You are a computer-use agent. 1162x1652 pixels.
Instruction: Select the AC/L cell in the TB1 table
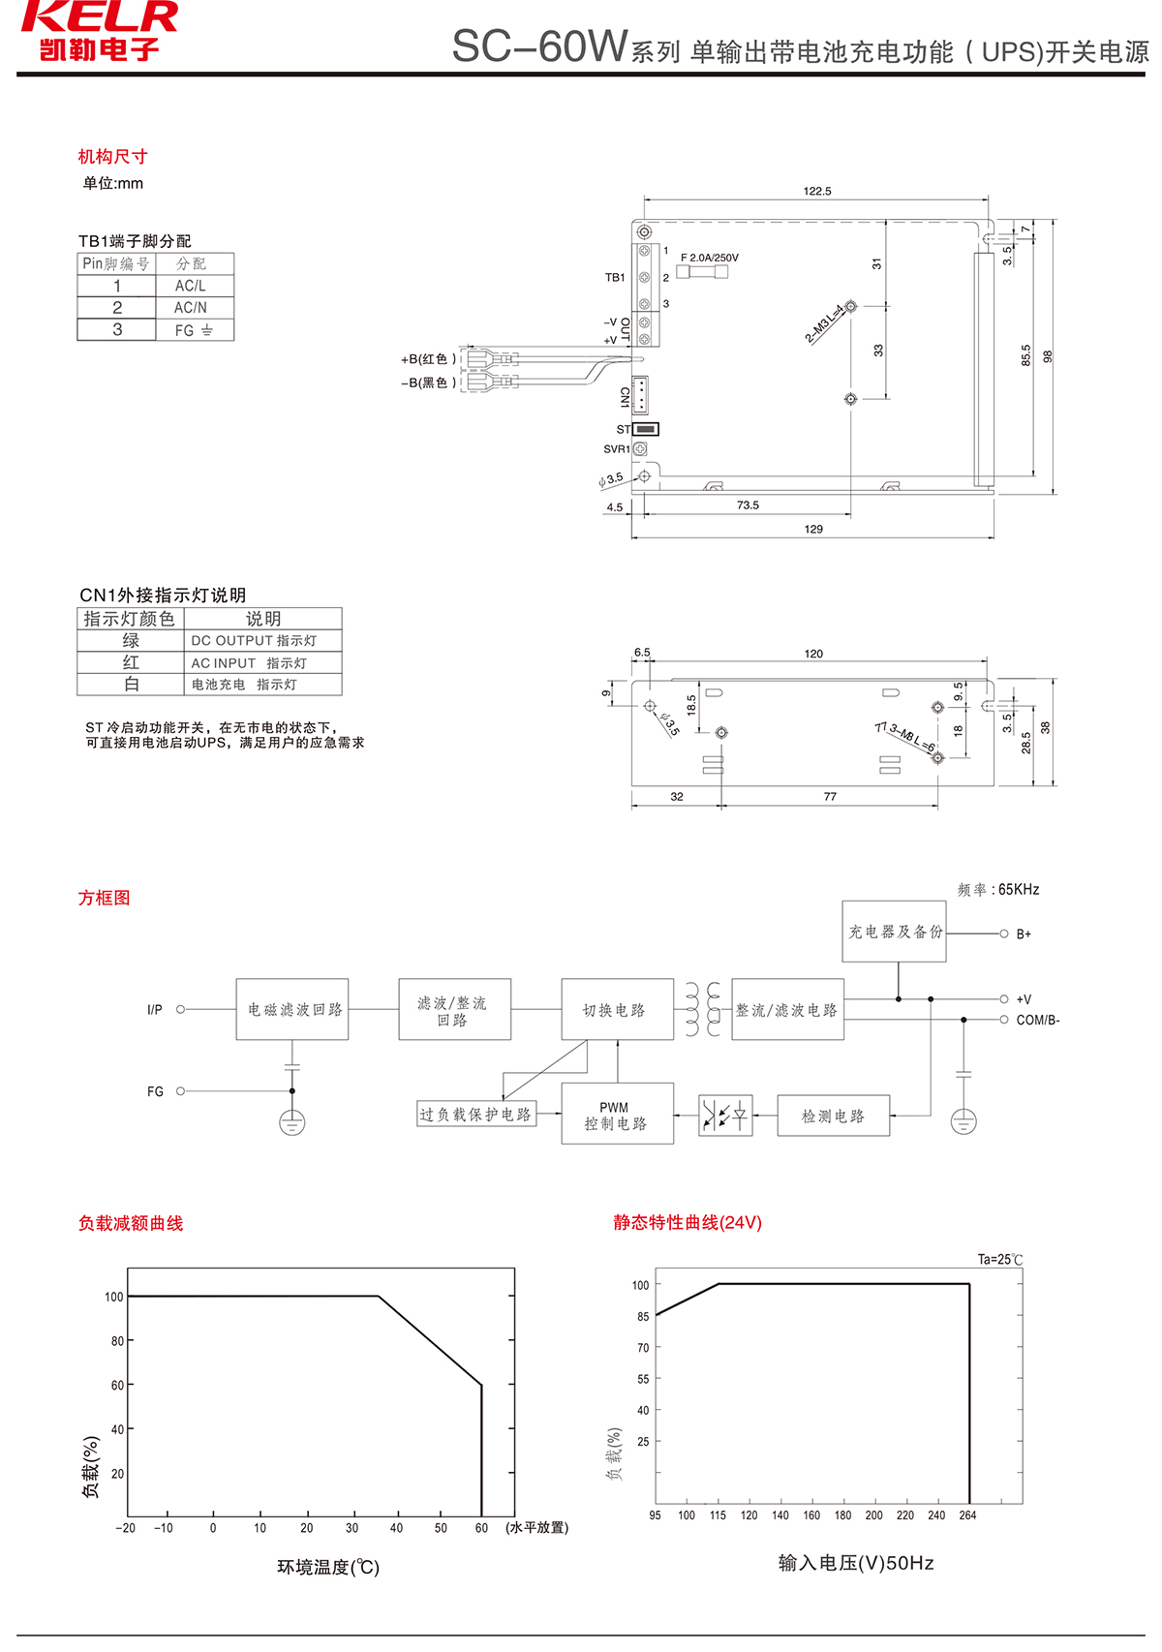(x=191, y=286)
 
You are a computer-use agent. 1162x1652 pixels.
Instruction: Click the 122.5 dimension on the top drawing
(x=817, y=192)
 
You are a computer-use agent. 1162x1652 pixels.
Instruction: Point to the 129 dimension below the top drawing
(x=813, y=530)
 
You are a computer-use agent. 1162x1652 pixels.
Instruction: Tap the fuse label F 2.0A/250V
(x=710, y=258)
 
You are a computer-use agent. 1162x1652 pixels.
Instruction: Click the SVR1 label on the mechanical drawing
(x=617, y=449)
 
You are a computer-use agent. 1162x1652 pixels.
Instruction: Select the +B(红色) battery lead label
(x=428, y=359)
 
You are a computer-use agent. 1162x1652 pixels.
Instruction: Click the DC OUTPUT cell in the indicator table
(x=254, y=640)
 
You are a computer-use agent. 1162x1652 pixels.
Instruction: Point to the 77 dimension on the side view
(x=830, y=797)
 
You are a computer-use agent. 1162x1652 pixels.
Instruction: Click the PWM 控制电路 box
(x=617, y=1115)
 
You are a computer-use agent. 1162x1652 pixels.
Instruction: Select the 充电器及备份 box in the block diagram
(x=894, y=932)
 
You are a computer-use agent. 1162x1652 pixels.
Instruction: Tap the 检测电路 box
(x=833, y=1117)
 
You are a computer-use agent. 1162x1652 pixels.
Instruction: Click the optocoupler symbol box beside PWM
(x=725, y=1117)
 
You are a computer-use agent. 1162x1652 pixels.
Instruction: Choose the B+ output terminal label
(x=1024, y=934)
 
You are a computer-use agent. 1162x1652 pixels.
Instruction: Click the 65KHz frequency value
(x=1019, y=890)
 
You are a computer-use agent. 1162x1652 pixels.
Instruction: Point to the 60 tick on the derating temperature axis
(x=481, y=1528)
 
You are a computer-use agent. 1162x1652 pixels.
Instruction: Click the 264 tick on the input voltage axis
(x=967, y=1515)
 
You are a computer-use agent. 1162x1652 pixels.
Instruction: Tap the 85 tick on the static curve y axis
(x=643, y=1317)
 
